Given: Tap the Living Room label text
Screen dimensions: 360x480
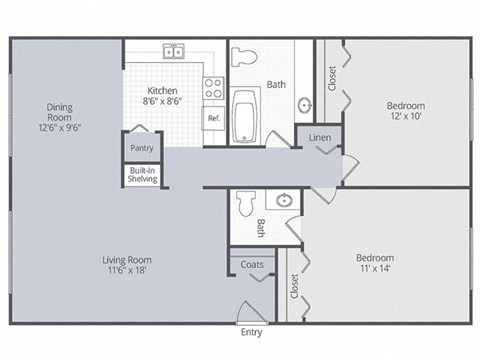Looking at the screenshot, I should (133, 265).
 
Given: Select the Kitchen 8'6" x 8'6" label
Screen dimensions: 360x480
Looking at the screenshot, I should (163, 94).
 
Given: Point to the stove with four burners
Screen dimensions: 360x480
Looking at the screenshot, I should (212, 88).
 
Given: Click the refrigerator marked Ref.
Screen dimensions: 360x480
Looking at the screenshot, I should (213, 118).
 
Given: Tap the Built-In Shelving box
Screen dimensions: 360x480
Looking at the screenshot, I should (141, 175).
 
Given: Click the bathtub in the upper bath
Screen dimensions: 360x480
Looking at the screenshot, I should (245, 119).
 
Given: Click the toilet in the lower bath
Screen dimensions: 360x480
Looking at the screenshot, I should (246, 203).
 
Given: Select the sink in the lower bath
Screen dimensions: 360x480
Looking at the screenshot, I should (284, 201).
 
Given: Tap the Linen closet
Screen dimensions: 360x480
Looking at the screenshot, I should (319, 138).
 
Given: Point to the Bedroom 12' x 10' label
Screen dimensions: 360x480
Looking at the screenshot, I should (406, 111).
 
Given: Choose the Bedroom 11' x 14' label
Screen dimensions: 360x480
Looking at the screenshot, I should (375, 263).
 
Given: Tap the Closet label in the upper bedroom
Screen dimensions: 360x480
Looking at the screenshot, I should (332, 78).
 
